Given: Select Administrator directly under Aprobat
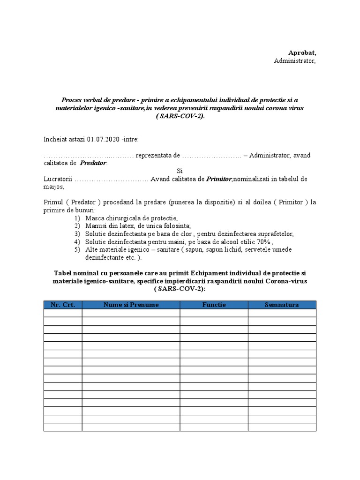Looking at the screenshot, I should pyautogui.click(x=295, y=61).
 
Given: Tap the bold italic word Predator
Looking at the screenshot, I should pyautogui.click(x=93, y=163).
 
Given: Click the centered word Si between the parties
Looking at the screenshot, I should pyautogui.click(x=180, y=171).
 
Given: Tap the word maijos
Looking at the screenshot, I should pyautogui.click(x=52, y=187).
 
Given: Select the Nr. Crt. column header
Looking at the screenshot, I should pyautogui.click(x=63, y=305).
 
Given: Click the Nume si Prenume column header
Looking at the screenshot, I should pyautogui.click(x=131, y=305).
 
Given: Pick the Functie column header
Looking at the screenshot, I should pyautogui.click(x=214, y=305).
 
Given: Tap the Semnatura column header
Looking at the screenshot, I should pyautogui.click(x=282, y=305).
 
